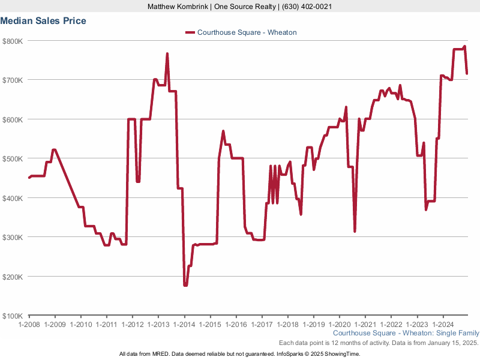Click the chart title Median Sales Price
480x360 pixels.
pyautogui.click(x=43, y=21)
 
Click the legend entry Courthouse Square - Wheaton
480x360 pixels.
pyautogui.click(x=247, y=32)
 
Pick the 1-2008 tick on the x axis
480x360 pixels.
pyautogui.click(x=29, y=324)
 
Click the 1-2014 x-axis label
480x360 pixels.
pyautogui.click(x=184, y=324)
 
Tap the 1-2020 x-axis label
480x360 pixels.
pyautogui.click(x=339, y=324)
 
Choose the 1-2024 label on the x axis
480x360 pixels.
pyautogui.click(x=443, y=324)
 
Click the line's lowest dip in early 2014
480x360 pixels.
pyautogui.click(x=185, y=286)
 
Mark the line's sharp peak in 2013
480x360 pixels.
pyautogui.click(x=167, y=53)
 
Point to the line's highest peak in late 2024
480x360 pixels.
pyautogui.click(x=464, y=47)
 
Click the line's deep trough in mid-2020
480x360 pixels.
pyautogui.click(x=355, y=231)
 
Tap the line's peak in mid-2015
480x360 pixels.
pyautogui.click(x=223, y=131)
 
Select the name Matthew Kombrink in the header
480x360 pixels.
pyautogui.click(x=178, y=6)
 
